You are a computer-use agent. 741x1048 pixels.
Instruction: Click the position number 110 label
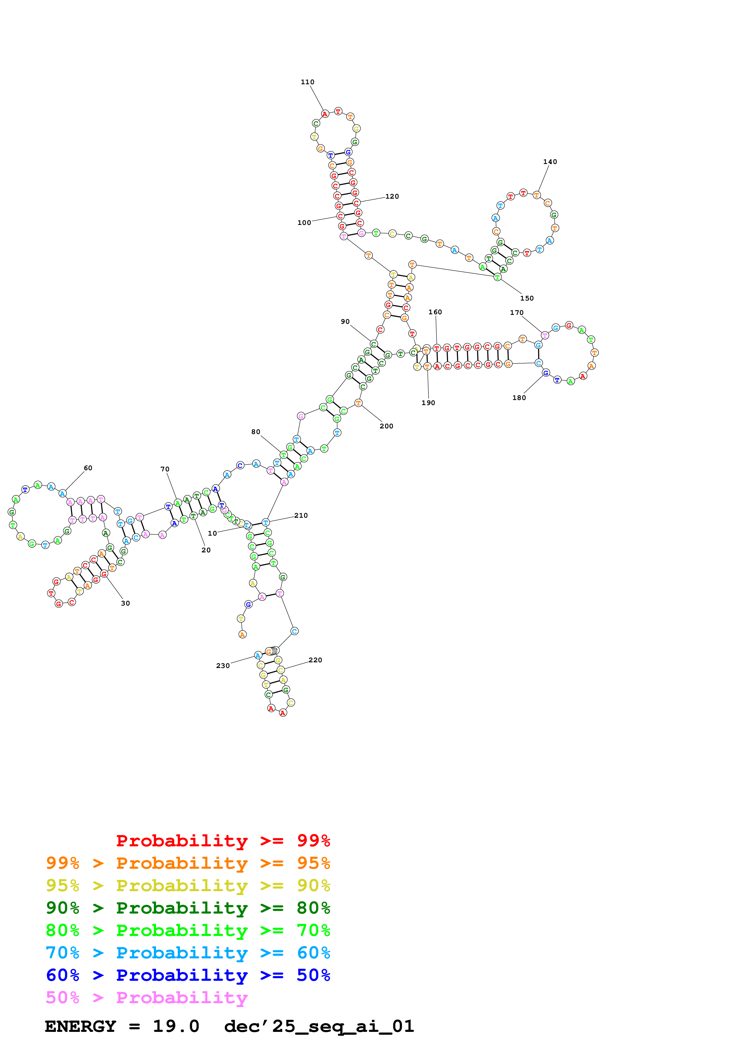(307, 82)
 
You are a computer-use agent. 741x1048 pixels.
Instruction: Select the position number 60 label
(88, 468)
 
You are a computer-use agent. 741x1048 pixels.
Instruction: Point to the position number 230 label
(223, 666)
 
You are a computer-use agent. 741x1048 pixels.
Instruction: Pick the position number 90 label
(345, 322)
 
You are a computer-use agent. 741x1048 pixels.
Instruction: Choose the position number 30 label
(125, 603)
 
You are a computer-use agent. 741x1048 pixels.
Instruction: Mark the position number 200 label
(386, 426)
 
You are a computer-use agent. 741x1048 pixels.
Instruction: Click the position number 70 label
(165, 469)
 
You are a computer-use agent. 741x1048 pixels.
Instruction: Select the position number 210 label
(301, 516)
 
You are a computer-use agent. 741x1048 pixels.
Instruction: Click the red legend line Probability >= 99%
(223, 841)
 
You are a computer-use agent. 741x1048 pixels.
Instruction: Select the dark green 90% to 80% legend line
(188, 908)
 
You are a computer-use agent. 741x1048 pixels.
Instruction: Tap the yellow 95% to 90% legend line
(188, 885)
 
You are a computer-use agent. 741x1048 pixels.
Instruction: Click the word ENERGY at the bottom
(80, 1026)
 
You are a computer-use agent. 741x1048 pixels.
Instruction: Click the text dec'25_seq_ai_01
(319, 1026)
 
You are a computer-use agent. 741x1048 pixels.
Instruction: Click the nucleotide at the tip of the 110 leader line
(325, 114)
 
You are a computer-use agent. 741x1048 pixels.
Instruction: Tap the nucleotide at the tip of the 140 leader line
(537, 195)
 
